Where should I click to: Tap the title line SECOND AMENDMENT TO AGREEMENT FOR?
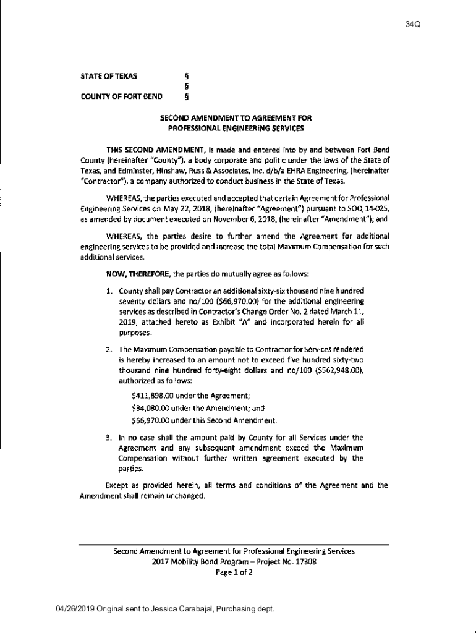236,117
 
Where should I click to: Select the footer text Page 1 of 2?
234,572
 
